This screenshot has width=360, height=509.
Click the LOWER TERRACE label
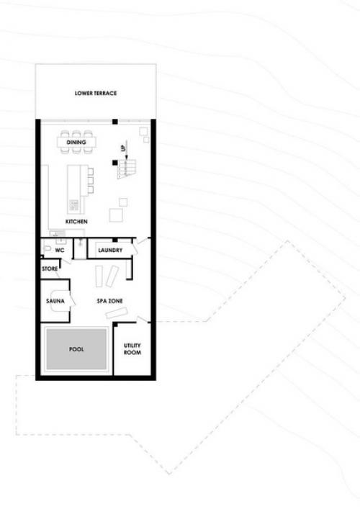click(x=96, y=93)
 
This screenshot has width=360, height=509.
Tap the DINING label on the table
click(x=76, y=142)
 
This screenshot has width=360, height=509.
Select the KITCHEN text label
click(x=76, y=222)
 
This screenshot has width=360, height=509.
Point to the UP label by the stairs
click(x=123, y=148)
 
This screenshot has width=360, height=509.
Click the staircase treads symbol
click(x=127, y=168)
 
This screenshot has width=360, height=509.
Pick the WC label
click(x=60, y=251)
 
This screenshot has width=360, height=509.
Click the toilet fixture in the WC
click(x=48, y=248)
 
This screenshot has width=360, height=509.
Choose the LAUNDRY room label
click(x=110, y=251)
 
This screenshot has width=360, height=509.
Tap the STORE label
click(x=50, y=269)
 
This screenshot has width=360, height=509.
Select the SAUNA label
click(x=55, y=301)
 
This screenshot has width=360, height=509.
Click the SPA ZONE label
click(x=109, y=301)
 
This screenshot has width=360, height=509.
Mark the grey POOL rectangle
click(x=76, y=349)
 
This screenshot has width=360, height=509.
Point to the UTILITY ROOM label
click(x=132, y=349)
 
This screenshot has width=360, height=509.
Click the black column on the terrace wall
click(x=115, y=122)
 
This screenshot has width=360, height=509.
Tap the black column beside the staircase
click(x=115, y=162)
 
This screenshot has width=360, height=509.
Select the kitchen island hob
click(x=74, y=205)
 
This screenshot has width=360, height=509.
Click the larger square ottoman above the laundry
click(x=116, y=215)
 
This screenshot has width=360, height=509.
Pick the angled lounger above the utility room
click(x=117, y=313)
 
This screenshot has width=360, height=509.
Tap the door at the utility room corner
click(x=142, y=320)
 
